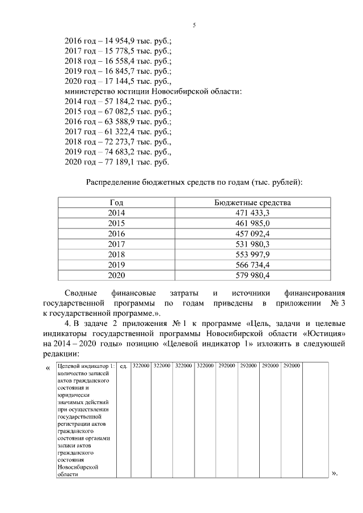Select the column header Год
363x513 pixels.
point(116,202)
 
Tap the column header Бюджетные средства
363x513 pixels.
point(252,202)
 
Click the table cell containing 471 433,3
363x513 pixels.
point(252,213)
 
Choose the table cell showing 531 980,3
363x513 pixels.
point(252,244)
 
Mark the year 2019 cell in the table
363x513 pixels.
point(116,265)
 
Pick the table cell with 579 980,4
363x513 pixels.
point(252,275)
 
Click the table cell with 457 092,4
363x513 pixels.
point(252,234)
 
